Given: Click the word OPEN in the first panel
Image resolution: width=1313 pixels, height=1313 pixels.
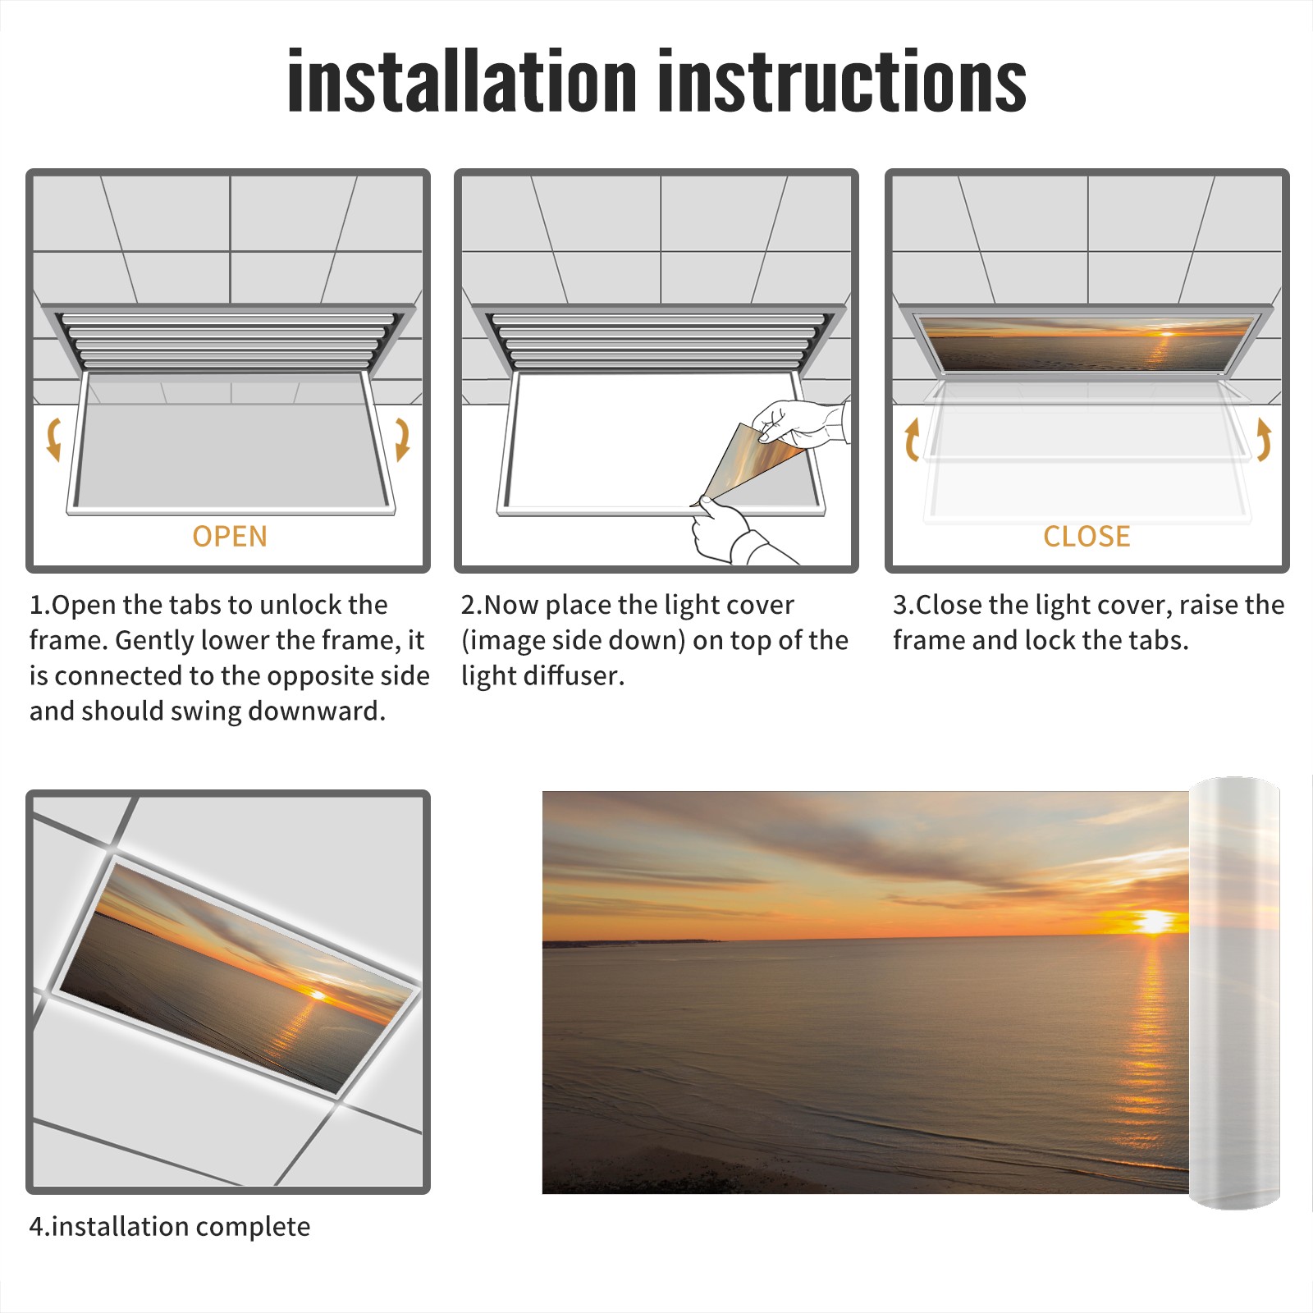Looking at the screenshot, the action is pyautogui.click(x=230, y=537).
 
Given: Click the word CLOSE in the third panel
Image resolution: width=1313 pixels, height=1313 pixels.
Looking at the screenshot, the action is pyautogui.click(x=1087, y=537).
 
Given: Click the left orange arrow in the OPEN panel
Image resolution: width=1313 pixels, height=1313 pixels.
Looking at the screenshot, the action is pyautogui.click(x=53, y=439).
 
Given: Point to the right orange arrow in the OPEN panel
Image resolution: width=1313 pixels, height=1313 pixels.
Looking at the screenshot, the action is pyautogui.click(x=402, y=439).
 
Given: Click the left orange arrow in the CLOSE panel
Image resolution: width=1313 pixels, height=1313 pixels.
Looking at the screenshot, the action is pyautogui.click(x=912, y=439).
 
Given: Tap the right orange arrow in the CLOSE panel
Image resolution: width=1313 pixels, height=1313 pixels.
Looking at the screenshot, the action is pyautogui.click(x=1264, y=439).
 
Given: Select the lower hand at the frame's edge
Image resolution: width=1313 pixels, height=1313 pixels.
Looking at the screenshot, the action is pyautogui.click(x=734, y=532).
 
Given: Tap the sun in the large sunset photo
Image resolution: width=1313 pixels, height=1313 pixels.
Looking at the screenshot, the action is pyautogui.click(x=1153, y=922).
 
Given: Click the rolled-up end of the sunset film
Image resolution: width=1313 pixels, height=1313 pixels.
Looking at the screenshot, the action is pyautogui.click(x=1235, y=993).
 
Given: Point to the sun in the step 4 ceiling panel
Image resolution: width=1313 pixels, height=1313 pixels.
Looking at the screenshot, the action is pyautogui.click(x=315, y=995).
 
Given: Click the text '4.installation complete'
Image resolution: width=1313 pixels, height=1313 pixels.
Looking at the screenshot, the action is pyautogui.click(x=170, y=1227).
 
